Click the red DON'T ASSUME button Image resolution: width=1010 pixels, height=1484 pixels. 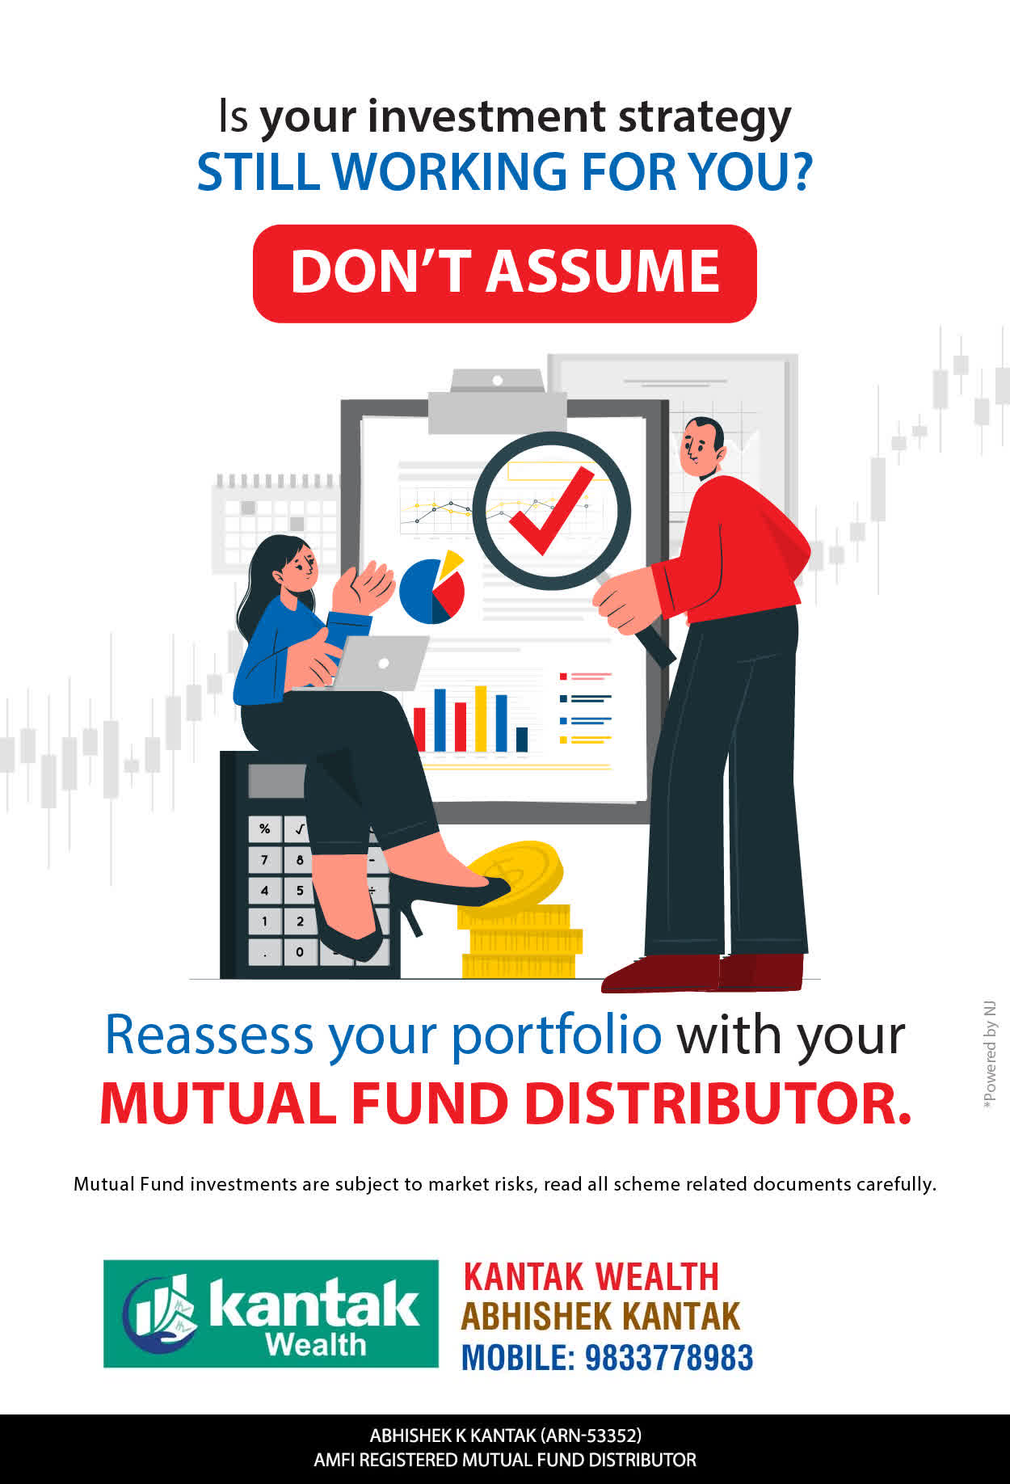505,273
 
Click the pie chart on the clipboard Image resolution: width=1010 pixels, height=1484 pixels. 433,588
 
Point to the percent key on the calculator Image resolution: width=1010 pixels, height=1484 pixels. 265,828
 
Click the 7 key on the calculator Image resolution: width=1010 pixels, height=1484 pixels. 265,859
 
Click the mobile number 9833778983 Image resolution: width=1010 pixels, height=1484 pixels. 669,1358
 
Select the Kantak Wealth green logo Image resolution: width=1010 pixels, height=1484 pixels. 271,1313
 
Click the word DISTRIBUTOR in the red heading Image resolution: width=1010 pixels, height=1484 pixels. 718,1103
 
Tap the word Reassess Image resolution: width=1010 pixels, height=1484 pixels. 209,1035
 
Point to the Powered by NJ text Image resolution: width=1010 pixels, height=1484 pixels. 990,1056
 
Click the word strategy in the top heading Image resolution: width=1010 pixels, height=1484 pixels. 705,118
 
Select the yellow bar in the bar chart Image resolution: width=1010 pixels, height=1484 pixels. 481,719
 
